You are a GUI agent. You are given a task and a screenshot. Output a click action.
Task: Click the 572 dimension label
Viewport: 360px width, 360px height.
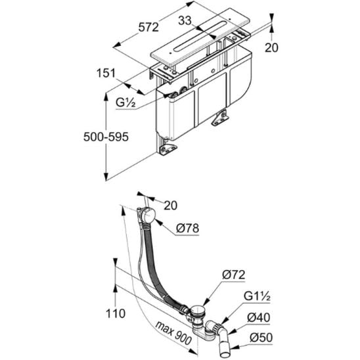[x=148, y=28]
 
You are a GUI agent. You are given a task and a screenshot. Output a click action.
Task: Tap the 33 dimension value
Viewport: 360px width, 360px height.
[x=185, y=20]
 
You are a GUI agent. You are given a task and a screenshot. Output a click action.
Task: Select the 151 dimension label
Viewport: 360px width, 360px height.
[x=106, y=73]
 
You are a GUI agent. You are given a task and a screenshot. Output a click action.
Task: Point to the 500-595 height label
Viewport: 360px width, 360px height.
[x=106, y=137]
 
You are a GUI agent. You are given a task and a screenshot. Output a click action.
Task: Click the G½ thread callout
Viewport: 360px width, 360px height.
[x=125, y=102]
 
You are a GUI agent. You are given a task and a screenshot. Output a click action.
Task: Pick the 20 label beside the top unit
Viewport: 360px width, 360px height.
[x=271, y=48]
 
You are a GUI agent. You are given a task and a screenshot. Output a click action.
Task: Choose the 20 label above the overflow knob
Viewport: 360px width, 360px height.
[x=171, y=205]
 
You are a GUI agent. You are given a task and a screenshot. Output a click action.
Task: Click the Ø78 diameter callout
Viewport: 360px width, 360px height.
[x=187, y=229]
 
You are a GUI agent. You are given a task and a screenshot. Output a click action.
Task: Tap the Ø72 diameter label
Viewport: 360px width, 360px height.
[x=234, y=275]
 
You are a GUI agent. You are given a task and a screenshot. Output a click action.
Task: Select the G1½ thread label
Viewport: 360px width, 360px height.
[x=257, y=296]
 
